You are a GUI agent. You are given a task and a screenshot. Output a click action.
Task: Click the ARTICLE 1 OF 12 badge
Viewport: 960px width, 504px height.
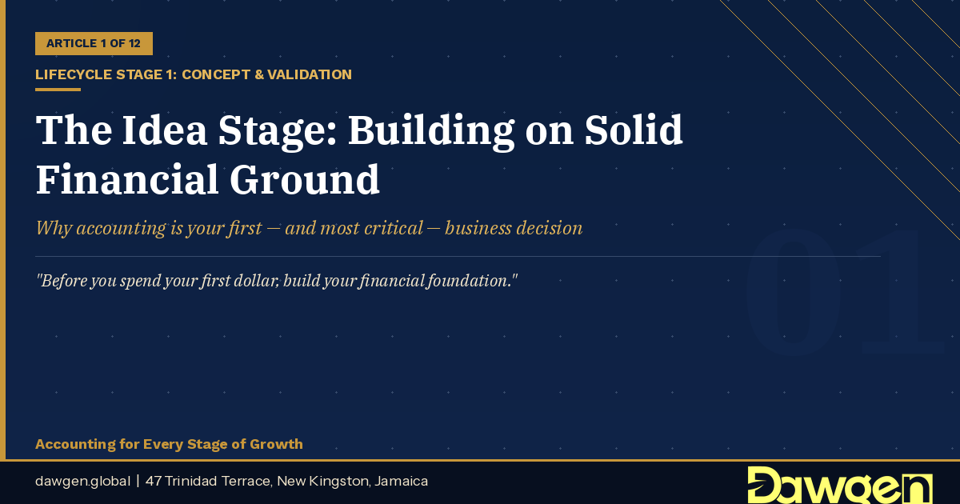tap(94, 43)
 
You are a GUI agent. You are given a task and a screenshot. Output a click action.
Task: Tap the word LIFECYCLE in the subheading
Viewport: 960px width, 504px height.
tap(74, 74)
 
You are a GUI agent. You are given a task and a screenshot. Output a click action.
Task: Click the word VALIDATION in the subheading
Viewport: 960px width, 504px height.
tap(309, 74)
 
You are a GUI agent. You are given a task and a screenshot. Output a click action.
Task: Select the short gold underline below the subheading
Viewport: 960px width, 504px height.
tap(58, 90)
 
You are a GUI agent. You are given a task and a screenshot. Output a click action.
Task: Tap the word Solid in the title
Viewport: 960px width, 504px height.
tap(634, 130)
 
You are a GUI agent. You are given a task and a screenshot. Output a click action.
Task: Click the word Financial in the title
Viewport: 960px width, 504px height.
tap(128, 179)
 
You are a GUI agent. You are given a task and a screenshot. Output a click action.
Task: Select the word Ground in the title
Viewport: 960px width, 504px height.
tap(305, 179)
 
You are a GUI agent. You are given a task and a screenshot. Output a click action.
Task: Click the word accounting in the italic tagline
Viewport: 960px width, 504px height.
tap(121, 228)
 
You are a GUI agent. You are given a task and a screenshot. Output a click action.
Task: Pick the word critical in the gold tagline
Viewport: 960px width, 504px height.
tap(394, 228)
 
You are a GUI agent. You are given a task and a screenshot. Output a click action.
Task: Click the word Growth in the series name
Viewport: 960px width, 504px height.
tap(276, 444)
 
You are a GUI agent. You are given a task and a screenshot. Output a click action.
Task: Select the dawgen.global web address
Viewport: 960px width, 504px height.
tap(82, 482)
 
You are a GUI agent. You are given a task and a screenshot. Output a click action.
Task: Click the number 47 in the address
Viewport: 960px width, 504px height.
tap(154, 482)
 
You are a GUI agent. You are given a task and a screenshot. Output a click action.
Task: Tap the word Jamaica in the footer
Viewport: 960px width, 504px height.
tap(401, 482)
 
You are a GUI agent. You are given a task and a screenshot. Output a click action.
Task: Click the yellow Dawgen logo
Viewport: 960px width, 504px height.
tap(840, 485)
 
